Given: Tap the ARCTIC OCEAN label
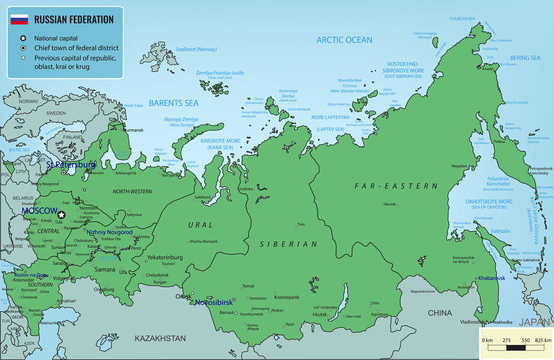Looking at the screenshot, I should click(343, 40).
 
